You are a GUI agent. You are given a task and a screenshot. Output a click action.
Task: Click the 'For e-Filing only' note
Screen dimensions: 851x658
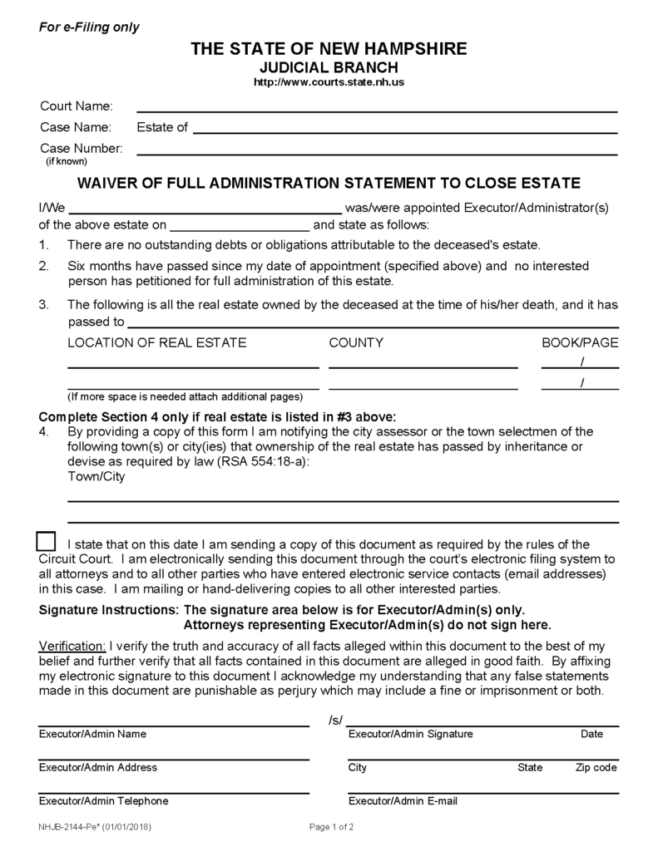[x=90, y=27]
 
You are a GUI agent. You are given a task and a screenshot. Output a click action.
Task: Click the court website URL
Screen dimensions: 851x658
[x=329, y=83]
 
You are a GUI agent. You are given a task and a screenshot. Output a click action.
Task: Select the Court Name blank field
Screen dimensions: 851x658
[x=376, y=107]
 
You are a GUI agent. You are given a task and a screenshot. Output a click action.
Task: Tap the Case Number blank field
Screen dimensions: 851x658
[x=376, y=150]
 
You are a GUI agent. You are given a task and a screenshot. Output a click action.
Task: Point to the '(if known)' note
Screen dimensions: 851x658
[x=66, y=161]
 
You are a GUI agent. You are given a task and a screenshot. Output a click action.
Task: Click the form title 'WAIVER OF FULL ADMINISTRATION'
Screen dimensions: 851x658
[x=329, y=183]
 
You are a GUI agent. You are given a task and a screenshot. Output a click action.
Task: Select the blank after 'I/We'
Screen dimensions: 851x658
[x=205, y=208]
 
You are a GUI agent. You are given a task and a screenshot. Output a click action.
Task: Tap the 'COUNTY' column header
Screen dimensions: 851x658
[x=356, y=342]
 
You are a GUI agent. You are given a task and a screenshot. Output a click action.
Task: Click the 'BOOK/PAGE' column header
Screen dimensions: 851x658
[x=580, y=342]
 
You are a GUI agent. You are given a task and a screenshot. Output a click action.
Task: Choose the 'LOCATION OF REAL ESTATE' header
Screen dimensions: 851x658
[x=156, y=342]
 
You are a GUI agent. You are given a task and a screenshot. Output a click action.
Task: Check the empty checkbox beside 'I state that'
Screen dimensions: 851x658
[x=47, y=540]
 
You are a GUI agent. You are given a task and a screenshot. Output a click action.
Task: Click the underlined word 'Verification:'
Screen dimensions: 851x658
[x=72, y=646]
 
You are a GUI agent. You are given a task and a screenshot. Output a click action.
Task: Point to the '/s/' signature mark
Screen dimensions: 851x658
[x=336, y=720]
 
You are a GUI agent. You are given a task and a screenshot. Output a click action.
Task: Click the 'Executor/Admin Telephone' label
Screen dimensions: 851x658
[x=103, y=801]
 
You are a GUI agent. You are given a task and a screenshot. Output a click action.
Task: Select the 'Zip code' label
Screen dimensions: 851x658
[x=596, y=768]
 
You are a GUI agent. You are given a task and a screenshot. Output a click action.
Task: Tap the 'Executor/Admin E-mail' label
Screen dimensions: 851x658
[x=403, y=801]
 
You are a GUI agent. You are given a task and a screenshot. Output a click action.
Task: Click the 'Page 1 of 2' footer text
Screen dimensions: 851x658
[x=332, y=828]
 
